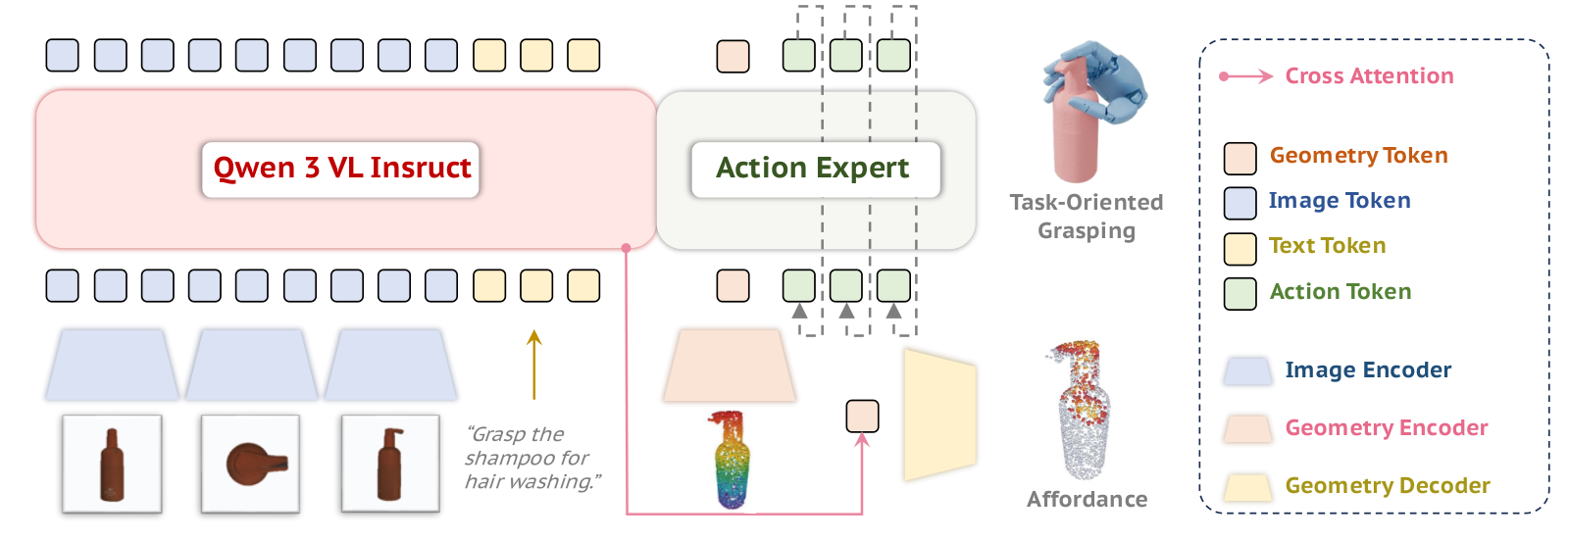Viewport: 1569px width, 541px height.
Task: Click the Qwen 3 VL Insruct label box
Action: point(340,170)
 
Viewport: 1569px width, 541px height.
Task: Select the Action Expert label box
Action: point(815,170)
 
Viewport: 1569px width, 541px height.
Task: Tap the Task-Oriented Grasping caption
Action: point(1087,217)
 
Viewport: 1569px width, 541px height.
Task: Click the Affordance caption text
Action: point(1088,499)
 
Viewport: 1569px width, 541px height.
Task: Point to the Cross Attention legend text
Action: point(1369,75)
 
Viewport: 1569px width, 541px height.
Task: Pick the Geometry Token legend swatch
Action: point(1240,158)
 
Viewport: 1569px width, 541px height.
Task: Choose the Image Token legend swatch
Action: point(1240,203)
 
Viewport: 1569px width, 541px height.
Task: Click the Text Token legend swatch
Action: point(1240,249)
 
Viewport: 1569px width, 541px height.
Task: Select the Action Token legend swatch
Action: point(1240,294)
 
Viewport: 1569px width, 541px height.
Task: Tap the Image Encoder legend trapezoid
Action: point(1248,370)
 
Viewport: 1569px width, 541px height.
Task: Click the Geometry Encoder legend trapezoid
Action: point(1248,428)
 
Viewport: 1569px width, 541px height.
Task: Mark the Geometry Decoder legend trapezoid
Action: point(1248,487)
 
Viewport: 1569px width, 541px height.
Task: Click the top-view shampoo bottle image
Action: point(251,464)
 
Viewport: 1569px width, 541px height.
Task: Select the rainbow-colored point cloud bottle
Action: point(732,459)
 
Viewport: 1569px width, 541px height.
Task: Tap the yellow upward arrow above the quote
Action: point(534,365)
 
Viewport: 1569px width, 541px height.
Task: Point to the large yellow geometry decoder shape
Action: point(940,415)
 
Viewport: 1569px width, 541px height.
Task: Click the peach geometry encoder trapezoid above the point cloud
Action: point(730,366)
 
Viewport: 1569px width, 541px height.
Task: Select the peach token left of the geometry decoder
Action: point(862,417)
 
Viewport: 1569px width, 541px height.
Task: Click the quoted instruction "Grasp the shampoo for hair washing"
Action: point(532,458)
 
